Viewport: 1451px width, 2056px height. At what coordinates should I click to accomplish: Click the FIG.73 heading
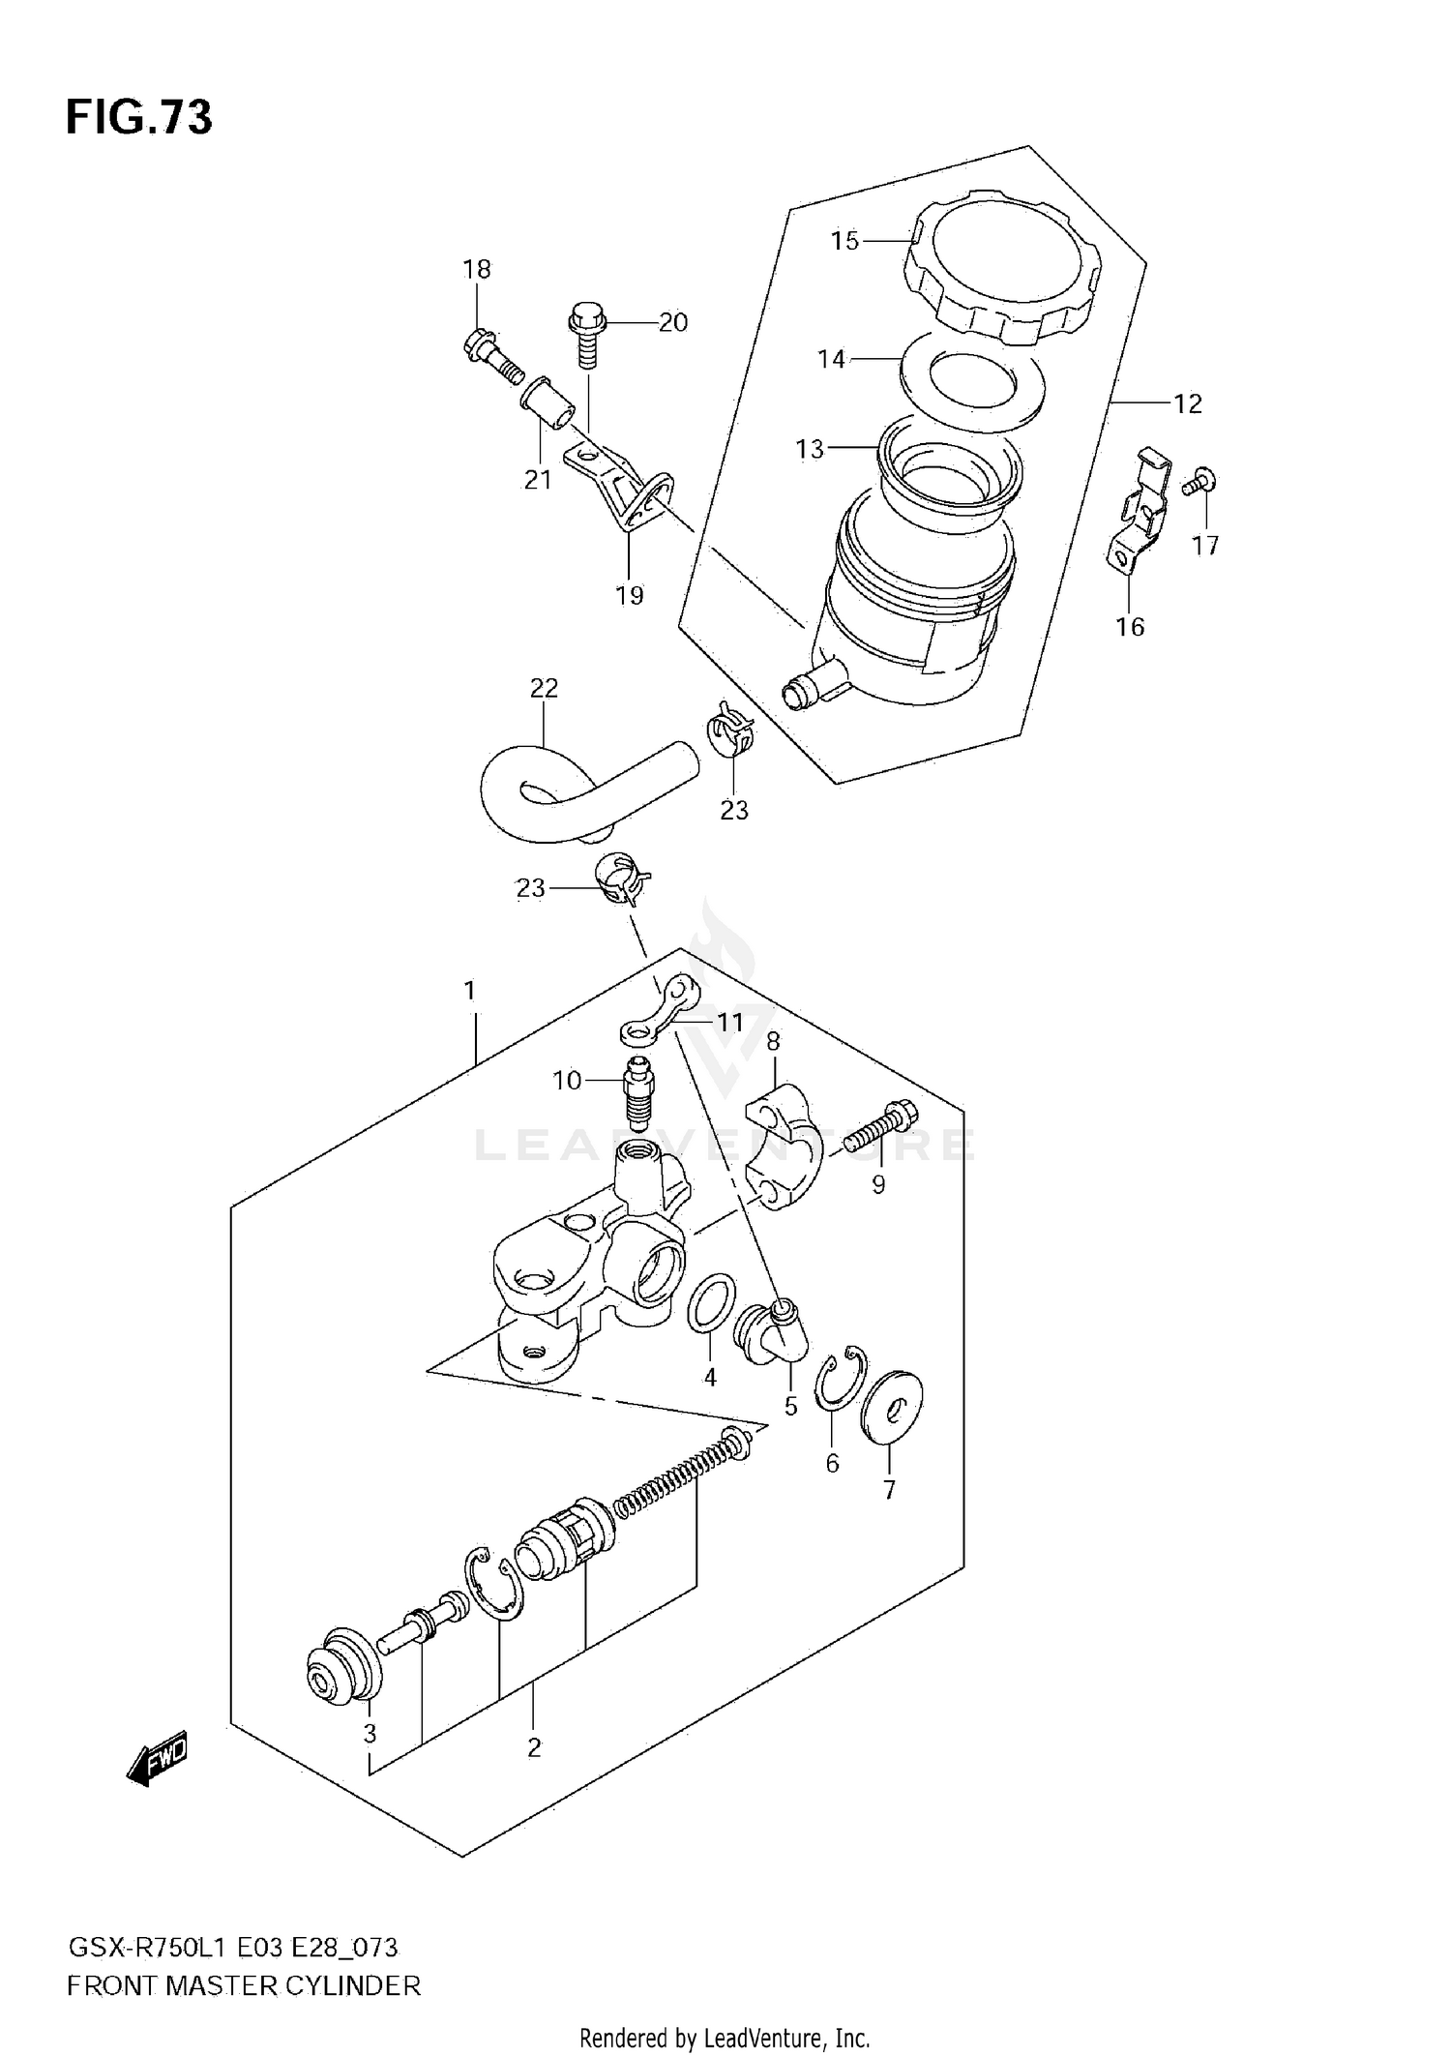coord(138,118)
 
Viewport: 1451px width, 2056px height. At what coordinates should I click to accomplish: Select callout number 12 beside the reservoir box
coord(1187,403)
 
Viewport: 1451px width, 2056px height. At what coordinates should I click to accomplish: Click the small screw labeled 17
coord(1201,481)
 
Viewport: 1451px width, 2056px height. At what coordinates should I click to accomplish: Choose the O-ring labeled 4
coord(710,1304)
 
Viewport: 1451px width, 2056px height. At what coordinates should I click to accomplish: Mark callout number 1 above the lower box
coord(469,990)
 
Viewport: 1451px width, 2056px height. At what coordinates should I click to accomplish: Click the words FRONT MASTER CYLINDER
coord(244,1985)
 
